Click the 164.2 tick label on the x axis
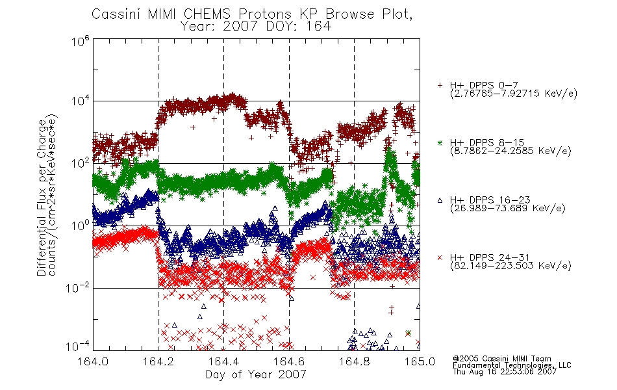click(x=158, y=361)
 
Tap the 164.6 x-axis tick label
click(x=289, y=361)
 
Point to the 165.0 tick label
click(x=420, y=361)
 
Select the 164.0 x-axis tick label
click(x=93, y=361)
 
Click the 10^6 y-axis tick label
click(x=81, y=40)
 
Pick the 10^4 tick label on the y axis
click(x=81, y=101)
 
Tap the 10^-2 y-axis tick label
click(x=78, y=288)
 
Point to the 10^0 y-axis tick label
click(x=81, y=226)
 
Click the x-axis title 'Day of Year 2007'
click(x=256, y=374)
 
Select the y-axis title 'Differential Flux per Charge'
click(x=42, y=198)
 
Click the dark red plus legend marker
click(x=440, y=85)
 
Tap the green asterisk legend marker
click(x=440, y=142)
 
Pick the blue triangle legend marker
click(x=440, y=200)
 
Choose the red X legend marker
click(x=440, y=257)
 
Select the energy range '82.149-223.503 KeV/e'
click(x=510, y=266)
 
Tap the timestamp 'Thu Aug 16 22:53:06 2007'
click(x=505, y=372)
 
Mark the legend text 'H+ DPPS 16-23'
click(x=490, y=200)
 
